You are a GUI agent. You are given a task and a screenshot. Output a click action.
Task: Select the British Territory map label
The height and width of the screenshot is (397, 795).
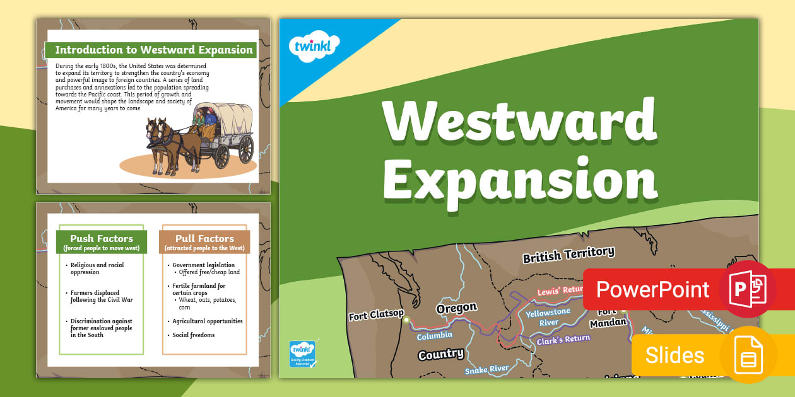568,255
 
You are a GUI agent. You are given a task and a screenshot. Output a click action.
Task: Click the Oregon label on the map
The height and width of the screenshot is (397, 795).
457,308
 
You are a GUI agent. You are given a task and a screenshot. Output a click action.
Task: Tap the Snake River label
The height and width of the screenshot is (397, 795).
486,369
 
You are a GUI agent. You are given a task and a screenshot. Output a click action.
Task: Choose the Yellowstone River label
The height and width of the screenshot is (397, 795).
548,317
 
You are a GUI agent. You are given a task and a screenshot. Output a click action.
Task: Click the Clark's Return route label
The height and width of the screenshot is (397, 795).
563,340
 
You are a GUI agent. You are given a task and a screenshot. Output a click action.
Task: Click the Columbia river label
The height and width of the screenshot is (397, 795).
435,336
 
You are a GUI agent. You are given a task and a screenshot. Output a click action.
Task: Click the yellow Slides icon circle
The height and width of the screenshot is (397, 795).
748,355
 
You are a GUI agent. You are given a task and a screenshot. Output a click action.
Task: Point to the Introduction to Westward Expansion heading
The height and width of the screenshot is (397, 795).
153,50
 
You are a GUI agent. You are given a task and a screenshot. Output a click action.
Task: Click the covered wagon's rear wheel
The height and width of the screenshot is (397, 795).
246,149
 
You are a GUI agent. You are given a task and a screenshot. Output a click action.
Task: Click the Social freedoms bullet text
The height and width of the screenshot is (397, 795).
194,335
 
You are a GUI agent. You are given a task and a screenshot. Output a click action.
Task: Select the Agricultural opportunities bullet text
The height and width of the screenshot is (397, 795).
208,321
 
